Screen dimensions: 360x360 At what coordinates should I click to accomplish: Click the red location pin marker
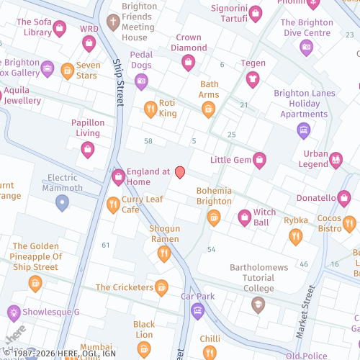(180, 172)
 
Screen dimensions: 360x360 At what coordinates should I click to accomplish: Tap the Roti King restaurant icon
(150, 109)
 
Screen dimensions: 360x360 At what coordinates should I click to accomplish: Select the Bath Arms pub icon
(208, 109)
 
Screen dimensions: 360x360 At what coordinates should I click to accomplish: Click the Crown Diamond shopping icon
(189, 63)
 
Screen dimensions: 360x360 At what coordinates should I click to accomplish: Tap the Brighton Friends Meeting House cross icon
(112, 22)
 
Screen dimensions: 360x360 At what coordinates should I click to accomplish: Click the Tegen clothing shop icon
(252, 79)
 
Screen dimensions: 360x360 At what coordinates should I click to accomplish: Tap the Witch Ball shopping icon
(245, 217)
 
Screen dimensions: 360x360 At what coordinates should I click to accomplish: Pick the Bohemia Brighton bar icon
(213, 217)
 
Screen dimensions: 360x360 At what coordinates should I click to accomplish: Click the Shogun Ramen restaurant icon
(163, 253)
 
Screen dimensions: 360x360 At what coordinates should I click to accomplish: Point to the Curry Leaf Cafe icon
(112, 205)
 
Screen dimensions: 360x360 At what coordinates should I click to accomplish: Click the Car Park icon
(198, 311)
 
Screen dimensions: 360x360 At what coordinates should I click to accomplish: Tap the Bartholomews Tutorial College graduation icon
(258, 305)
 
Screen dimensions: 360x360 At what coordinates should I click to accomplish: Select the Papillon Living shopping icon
(88, 149)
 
